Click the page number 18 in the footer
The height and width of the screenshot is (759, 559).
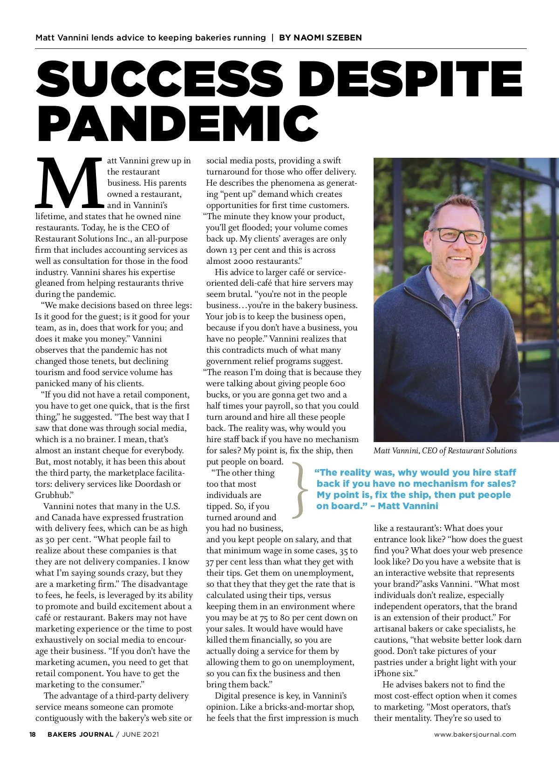click(x=33, y=734)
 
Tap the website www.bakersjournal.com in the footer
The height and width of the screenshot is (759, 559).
click(x=475, y=734)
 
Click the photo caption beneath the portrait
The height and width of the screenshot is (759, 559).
click(x=445, y=450)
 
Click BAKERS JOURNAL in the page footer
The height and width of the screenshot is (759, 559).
click(x=80, y=734)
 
